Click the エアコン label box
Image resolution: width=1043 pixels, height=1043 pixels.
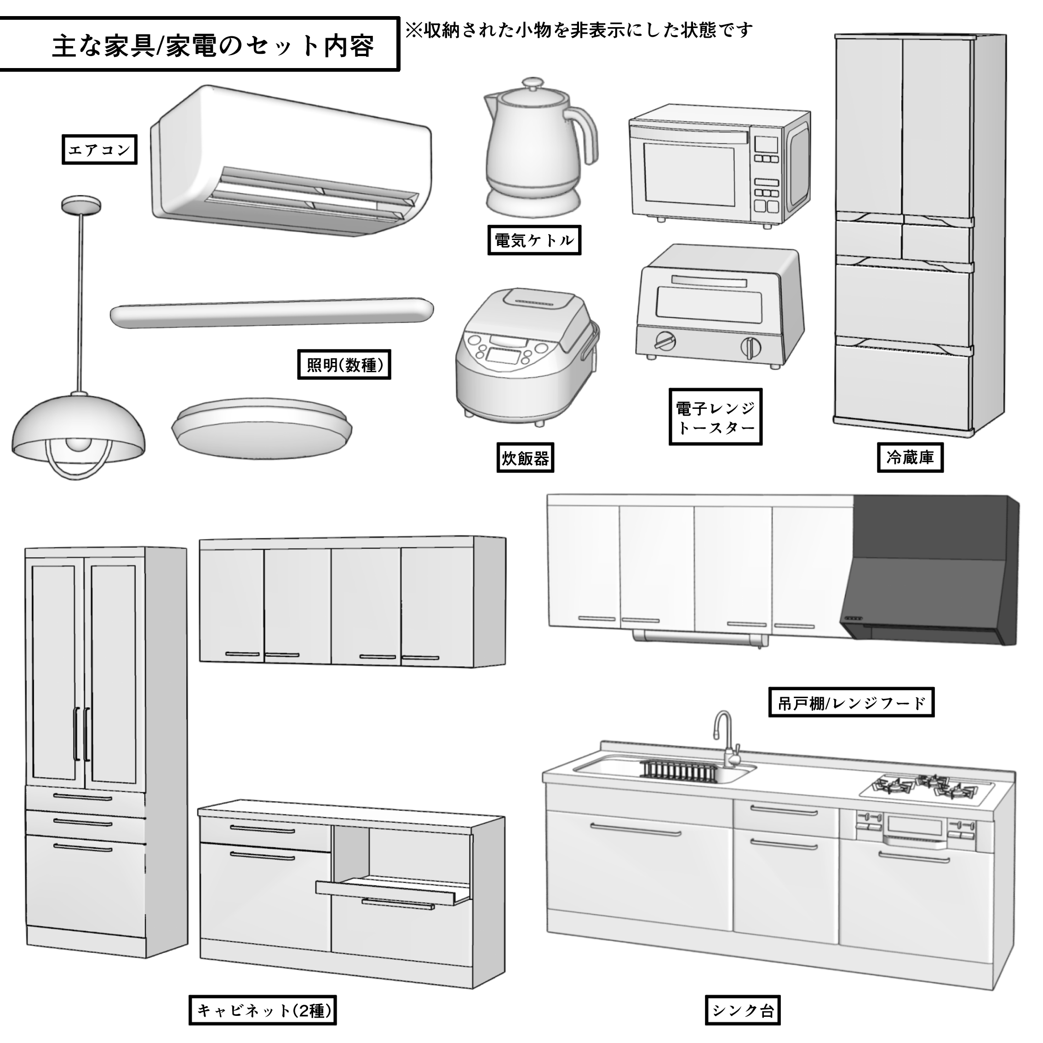99,149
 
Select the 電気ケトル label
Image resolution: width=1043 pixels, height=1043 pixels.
534,240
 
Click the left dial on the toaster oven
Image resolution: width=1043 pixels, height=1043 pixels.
665,341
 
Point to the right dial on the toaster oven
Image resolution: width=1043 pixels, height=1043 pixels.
751,347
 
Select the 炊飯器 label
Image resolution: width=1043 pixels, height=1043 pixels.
525,458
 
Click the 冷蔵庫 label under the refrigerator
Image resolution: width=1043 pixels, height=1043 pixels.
910,458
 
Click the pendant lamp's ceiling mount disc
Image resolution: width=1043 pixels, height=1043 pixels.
81,205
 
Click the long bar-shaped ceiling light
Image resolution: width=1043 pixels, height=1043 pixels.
271,313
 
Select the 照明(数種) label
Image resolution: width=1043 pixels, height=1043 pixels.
344,365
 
